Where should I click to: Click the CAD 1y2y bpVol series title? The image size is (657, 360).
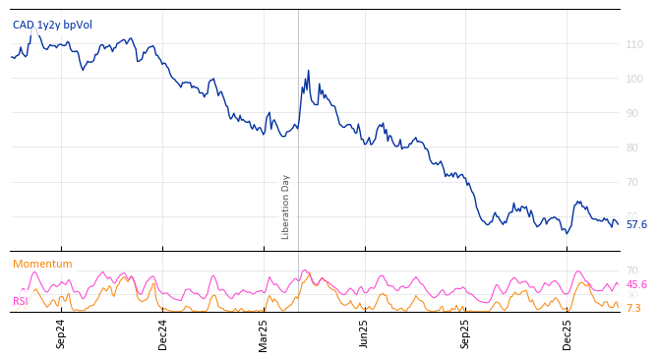tap(52, 25)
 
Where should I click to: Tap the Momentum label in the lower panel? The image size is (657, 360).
tap(42, 264)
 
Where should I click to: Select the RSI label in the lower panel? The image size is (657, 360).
tap(21, 301)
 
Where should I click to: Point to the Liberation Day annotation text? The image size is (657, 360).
tap(286, 207)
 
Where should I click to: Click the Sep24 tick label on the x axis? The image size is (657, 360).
tap(61, 333)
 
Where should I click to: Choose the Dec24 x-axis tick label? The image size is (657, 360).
tap(163, 333)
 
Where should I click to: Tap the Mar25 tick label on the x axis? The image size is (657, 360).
tap(264, 333)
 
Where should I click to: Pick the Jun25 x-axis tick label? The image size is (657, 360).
tap(364, 333)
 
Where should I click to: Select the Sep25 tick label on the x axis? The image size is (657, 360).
tap(465, 333)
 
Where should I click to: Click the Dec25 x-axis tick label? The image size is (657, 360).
tap(567, 333)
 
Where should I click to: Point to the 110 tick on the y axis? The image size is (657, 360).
tap(634, 44)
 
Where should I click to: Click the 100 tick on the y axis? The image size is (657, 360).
tap(634, 79)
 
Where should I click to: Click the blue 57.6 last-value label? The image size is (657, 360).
tap(636, 224)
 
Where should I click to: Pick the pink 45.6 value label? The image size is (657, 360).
tap(636, 284)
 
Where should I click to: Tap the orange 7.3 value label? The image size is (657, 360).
tap(633, 308)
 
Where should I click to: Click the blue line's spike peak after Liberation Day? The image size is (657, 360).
tap(308, 71)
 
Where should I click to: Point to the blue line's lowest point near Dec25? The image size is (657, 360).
tap(567, 233)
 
